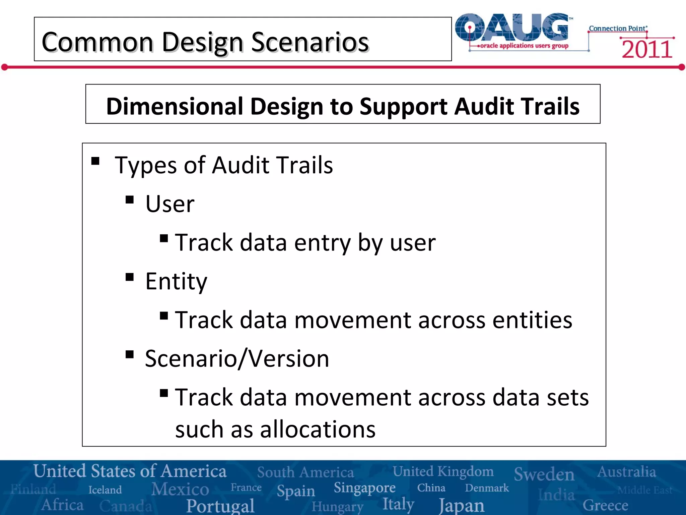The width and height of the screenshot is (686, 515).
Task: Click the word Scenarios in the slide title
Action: [x=310, y=42]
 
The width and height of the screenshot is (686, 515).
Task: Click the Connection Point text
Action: [x=618, y=28]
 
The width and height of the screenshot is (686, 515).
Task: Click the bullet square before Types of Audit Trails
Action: [x=95, y=161]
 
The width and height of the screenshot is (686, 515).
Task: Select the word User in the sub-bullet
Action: [x=170, y=204]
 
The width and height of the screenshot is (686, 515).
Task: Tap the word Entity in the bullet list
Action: [x=176, y=281]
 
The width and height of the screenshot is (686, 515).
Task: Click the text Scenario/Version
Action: [x=237, y=358]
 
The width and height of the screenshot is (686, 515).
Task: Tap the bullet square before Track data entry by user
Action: [x=164, y=238]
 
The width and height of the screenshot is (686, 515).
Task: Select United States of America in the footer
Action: [x=130, y=471]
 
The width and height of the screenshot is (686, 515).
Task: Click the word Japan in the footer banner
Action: [x=462, y=505]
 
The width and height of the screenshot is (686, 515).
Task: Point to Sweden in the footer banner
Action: [x=544, y=474]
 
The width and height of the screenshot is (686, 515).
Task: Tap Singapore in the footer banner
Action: [x=364, y=488]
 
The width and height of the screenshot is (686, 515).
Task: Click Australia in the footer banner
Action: [x=626, y=472]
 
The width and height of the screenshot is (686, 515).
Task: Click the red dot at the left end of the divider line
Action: [x=4, y=67]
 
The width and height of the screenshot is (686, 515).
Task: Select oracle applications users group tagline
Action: [x=524, y=46]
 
